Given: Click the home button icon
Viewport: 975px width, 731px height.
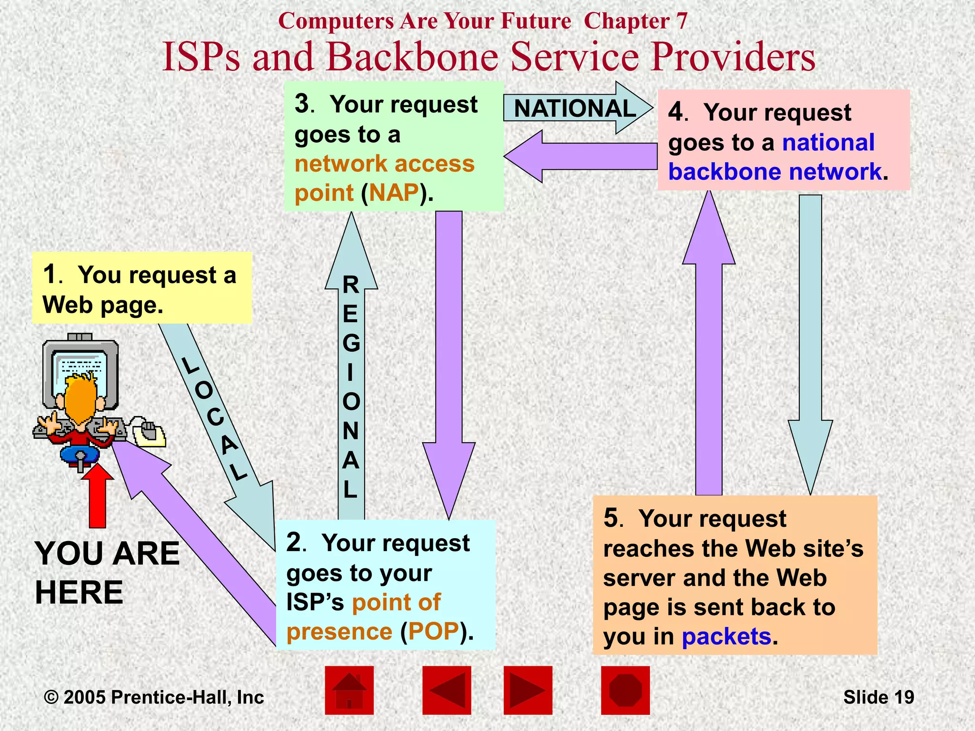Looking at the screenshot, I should [349, 690].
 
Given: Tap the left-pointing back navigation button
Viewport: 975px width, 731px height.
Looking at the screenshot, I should [447, 690].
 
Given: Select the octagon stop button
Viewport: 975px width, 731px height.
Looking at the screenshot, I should [625, 690].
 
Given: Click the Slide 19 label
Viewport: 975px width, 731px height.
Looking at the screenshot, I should [878, 697].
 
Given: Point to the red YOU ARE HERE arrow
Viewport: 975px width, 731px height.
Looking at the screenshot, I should [98, 497].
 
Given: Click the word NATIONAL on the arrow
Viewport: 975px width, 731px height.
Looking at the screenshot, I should [575, 109].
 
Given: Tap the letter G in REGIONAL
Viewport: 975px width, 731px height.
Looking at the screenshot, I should [351, 343].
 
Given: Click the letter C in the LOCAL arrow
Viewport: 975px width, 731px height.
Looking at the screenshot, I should [215, 417].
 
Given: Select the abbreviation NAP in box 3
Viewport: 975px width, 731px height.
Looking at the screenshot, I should [394, 193].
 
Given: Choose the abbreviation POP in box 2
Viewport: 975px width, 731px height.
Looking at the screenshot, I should [433, 632].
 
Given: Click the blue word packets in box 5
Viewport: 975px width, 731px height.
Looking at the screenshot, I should [726, 637].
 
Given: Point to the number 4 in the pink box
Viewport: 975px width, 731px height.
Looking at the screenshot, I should [676, 112].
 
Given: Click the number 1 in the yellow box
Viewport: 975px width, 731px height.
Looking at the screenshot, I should [50, 275].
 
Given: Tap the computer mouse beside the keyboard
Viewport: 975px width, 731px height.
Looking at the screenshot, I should [149, 431].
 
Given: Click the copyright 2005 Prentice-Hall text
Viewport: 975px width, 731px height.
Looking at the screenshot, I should [154, 697].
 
